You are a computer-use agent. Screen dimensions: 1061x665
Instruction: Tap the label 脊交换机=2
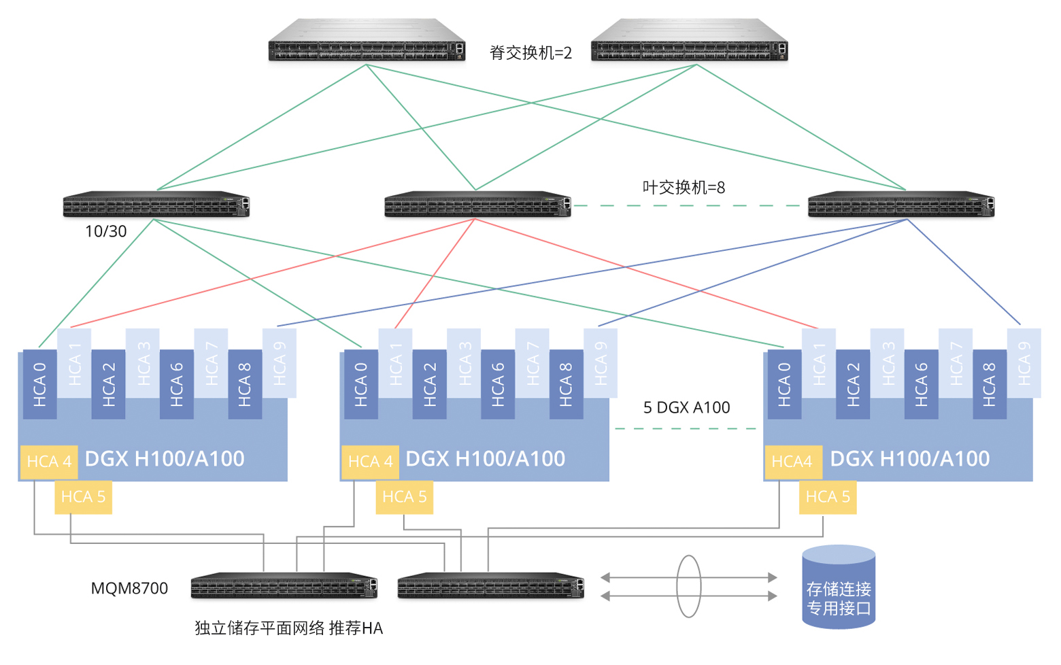530,52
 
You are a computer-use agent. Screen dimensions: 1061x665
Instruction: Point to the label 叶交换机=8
684,188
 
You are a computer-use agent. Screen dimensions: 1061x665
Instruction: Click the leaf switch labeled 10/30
156,204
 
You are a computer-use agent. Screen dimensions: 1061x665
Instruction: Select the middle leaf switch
477,204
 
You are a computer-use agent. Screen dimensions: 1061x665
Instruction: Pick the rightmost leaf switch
901,204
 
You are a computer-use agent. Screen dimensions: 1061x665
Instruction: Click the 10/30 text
105,231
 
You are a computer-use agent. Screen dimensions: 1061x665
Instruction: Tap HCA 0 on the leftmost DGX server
39,384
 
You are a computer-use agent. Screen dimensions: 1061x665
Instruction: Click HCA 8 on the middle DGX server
567,384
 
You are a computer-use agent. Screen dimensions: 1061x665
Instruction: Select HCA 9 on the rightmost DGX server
1024,363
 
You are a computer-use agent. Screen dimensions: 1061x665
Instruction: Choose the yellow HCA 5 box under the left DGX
84,497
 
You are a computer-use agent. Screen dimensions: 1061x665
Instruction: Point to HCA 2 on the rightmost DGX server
853,384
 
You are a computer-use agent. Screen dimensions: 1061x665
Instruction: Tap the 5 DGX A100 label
686,407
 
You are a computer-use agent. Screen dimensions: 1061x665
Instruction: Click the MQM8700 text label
129,588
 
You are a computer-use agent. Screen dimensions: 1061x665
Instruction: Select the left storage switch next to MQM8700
284,586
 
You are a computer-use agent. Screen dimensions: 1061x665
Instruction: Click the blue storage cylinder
839,587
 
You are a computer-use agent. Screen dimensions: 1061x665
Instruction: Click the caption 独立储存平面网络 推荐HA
289,628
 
